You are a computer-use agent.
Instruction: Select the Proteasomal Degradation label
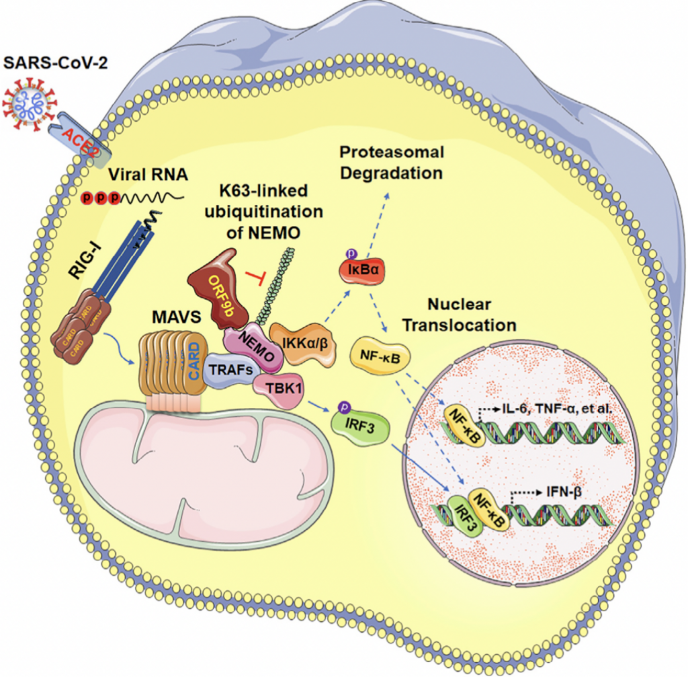392,162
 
